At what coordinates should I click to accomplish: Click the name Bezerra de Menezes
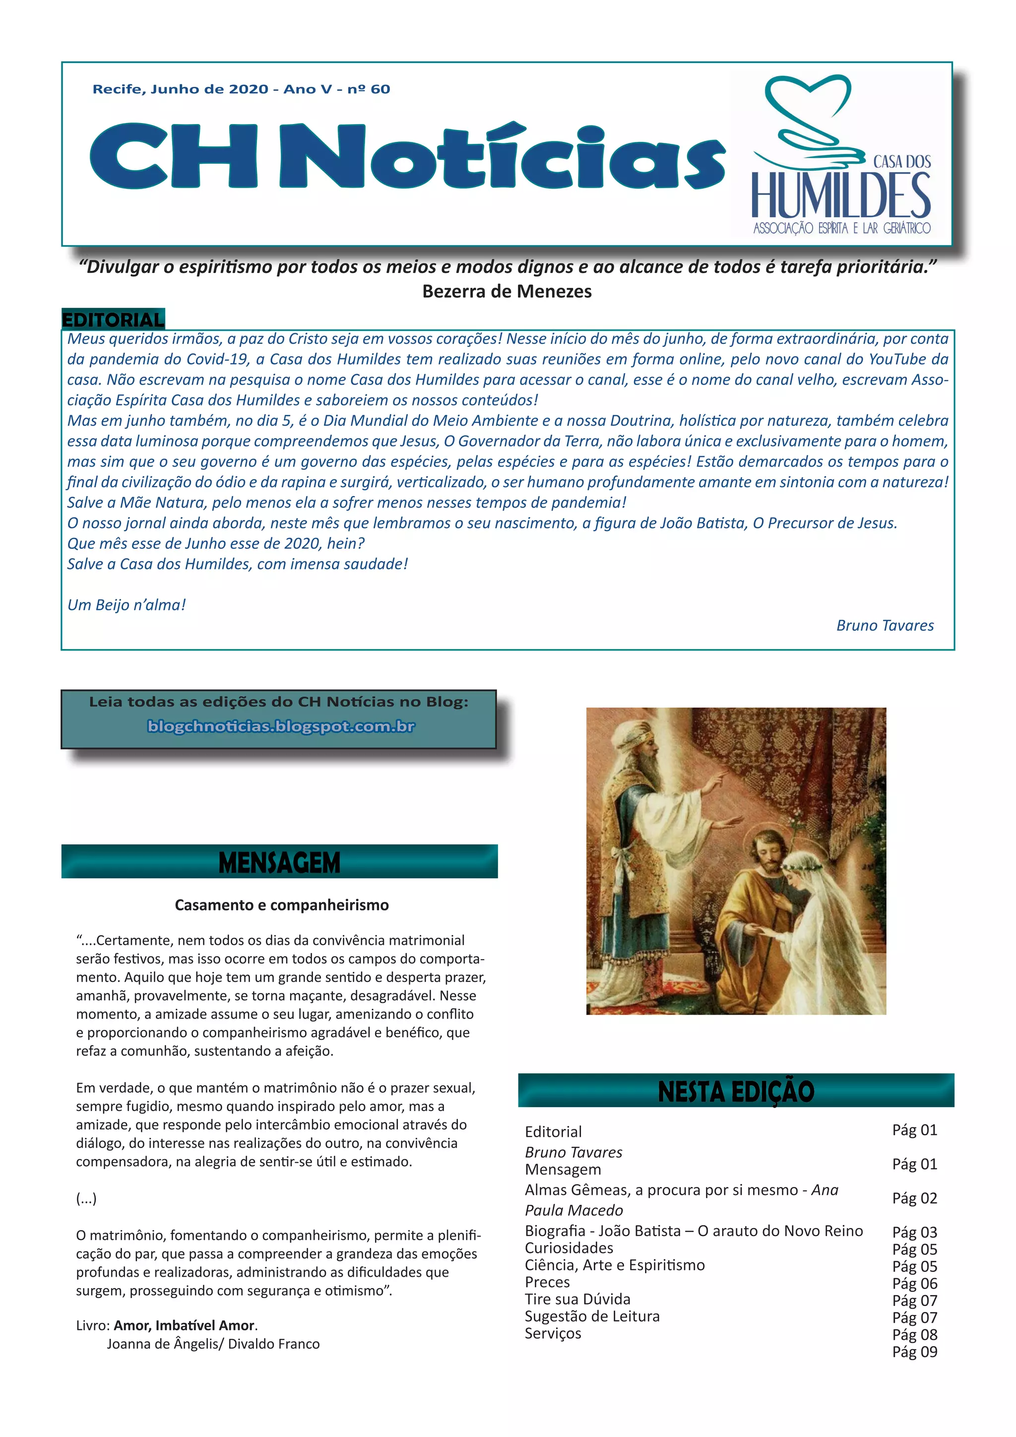click(x=507, y=292)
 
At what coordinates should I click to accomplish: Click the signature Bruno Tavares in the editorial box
click(x=885, y=625)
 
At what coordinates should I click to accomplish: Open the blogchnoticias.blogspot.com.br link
click(x=281, y=726)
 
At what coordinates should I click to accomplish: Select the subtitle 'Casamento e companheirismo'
click(x=281, y=905)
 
